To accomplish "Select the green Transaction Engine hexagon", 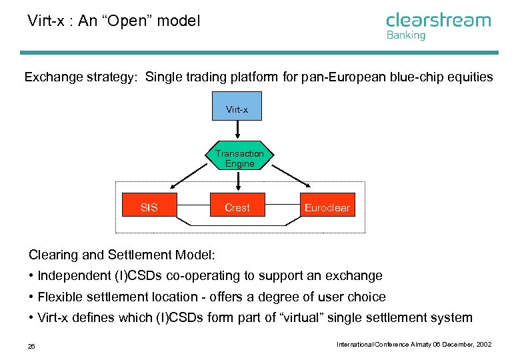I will pos(239,159).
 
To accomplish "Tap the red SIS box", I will pos(149,207).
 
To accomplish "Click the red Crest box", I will pos(237,207).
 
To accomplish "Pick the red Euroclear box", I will pos(327,207).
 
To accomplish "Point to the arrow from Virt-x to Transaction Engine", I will pos(238,131).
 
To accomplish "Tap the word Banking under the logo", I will pos(405,35).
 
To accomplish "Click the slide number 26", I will pos(31,345).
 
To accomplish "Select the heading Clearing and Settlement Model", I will pos(121,254).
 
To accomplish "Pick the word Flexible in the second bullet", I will pos(58,297).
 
